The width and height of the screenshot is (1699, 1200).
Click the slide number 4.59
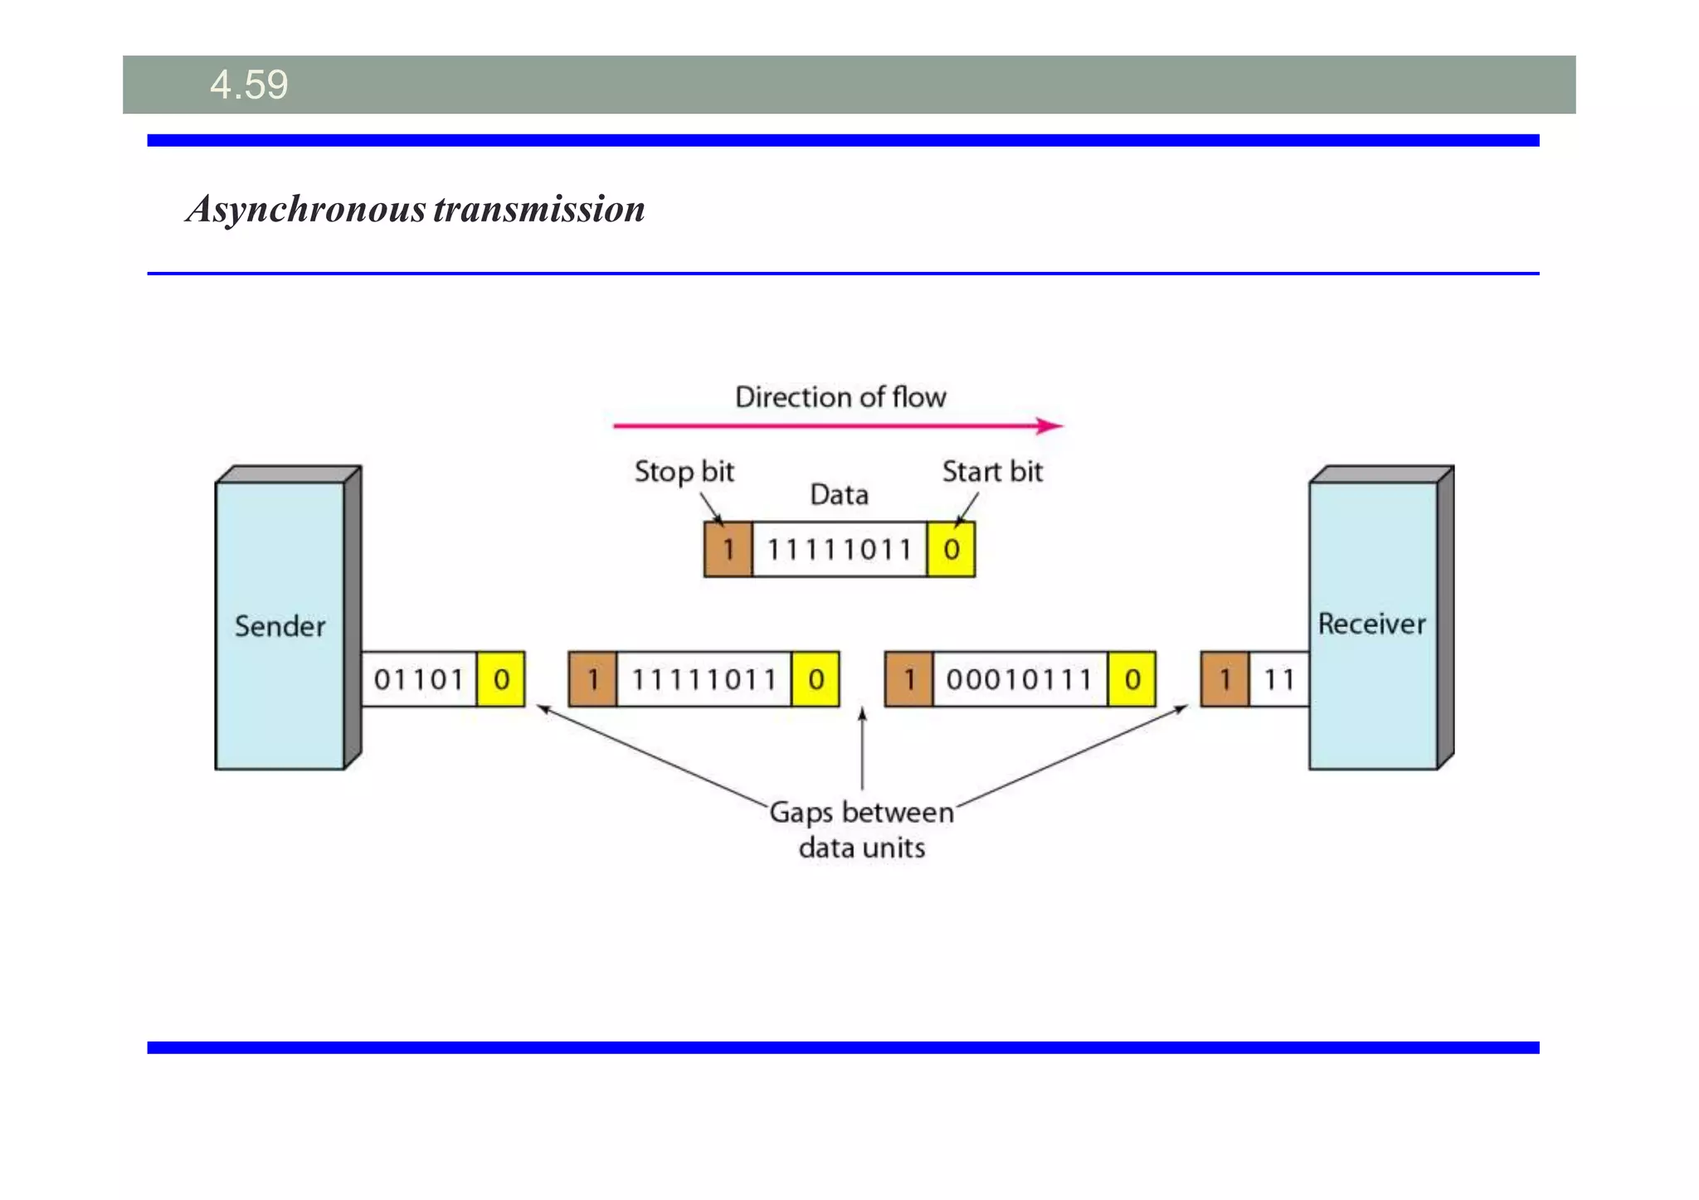(x=249, y=85)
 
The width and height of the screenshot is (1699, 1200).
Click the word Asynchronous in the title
(x=306, y=209)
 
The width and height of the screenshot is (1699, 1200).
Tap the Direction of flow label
(x=840, y=397)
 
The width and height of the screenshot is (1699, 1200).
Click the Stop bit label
(x=684, y=472)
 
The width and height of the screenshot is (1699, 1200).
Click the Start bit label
(x=991, y=472)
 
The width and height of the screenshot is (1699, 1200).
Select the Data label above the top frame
(x=839, y=495)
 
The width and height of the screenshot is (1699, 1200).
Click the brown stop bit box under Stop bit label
(x=728, y=549)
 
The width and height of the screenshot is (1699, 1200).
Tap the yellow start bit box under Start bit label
(x=951, y=549)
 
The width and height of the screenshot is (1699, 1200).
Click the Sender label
(x=280, y=626)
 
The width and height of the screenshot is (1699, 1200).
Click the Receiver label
(x=1371, y=624)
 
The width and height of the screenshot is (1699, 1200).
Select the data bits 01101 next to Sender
(x=418, y=679)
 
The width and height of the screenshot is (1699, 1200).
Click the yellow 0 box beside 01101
(x=501, y=679)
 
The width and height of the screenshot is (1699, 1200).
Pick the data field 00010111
(x=1020, y=679)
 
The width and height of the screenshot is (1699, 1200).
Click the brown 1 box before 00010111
(x=908, y=679)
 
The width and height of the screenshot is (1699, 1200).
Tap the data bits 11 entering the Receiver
(x=1278, y=679)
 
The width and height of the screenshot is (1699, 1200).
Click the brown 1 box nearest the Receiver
(x=1224, y=679)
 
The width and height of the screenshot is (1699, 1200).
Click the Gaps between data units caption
(x=861, y=829)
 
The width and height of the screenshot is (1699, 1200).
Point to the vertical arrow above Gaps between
(x=862, y=746)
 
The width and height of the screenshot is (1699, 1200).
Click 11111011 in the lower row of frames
(x=703, y=679)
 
